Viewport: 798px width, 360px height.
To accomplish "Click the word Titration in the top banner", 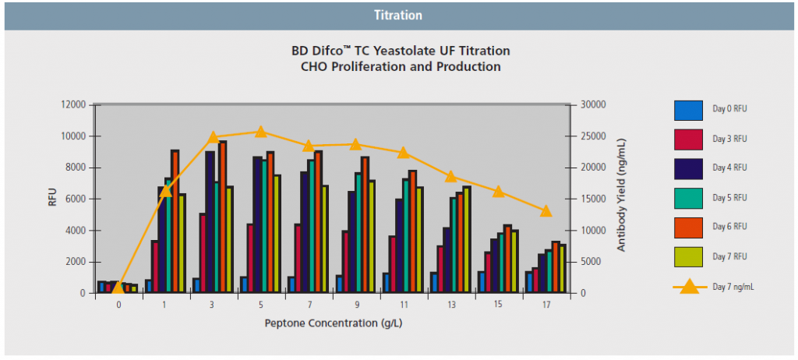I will pyautogui.click(x=398, y=15).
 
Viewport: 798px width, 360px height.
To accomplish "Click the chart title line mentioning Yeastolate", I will pyautogui.click(x=401, y=51).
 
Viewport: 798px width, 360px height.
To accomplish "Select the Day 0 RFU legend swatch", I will pyautogui.click(x=688, y=110).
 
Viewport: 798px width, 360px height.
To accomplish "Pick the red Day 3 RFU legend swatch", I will pyautogui.click(x=688, y=139).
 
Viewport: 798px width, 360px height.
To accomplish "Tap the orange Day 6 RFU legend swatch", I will pyautogui.click(x=688, y=227).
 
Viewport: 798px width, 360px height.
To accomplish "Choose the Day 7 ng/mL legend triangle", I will pyautogui.click(x=689, y=286).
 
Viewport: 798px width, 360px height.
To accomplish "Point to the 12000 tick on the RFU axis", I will pyautogui.click(x=73, y=104).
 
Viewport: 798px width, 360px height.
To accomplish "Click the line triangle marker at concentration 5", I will pyautogui.click(x=260, y=132).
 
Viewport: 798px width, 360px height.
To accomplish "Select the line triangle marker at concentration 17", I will pyautogui.click(x=546, y=211).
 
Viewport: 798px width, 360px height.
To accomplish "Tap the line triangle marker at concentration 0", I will pyautogui.click(x=118, y=288).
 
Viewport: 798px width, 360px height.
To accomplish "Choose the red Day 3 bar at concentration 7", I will pyautogui.click(x=298, y=258).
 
